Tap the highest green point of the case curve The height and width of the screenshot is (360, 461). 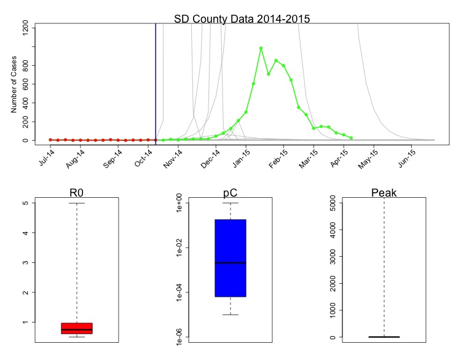point(261,48)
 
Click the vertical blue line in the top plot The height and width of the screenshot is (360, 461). point(156,80)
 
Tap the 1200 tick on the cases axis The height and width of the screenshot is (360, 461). point(26,28)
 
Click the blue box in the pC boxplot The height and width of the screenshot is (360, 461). point(230,258)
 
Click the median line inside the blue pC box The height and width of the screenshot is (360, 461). point(230,262)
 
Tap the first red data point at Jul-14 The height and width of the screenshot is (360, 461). point(50,139)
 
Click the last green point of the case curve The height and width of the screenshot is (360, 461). point(351,138)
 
